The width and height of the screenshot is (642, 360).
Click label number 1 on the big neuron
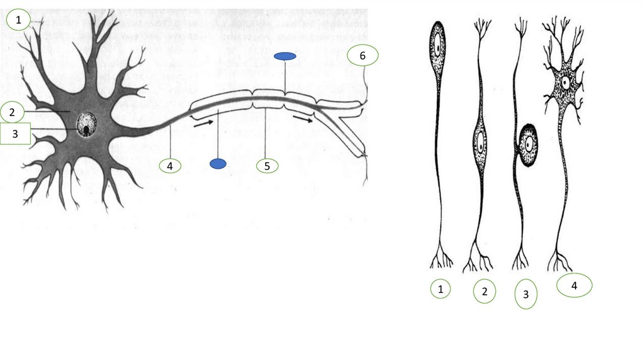point(18,19)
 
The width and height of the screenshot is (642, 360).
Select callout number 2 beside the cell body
point(12,112)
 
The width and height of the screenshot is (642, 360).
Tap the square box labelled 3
point(15,134)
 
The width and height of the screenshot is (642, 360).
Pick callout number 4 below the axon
point(170,166)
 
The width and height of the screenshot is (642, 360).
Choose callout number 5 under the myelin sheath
point(267,166)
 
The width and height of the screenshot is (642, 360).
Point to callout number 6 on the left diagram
point(363,55)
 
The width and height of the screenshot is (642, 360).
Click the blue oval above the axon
point(285,56)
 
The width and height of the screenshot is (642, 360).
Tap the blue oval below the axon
point(218,164)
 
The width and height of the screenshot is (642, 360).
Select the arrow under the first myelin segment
point(204,123)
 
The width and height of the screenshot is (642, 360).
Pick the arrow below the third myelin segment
point(303,119)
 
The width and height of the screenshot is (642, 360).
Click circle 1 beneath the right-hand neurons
point(441,289)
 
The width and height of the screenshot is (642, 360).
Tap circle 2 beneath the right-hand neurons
point(485,291)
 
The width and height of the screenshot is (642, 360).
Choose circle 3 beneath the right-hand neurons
point(526,294)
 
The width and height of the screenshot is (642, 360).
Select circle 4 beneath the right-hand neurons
point(574,285)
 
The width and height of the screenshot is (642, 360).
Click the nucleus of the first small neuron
point(438,48)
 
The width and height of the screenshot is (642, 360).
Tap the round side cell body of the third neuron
point(528,145)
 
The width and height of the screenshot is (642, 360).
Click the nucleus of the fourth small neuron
point(566,83)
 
